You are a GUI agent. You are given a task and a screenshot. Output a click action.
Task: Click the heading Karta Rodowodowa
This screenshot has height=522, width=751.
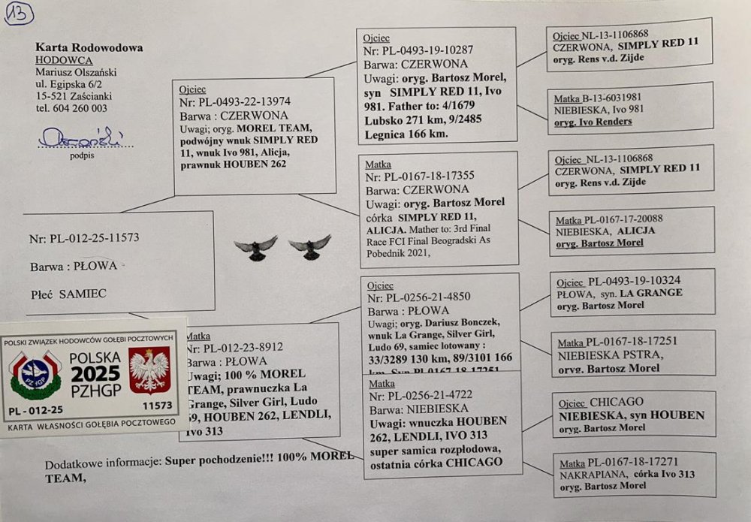pos(89,47)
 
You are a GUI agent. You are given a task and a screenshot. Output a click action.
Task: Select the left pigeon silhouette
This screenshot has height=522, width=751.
pos(255,248)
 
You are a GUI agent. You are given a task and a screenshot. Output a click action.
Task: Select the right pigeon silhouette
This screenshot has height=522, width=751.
pos(309,247)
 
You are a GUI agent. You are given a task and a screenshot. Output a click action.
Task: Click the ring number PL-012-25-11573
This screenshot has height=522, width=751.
pos(84,239)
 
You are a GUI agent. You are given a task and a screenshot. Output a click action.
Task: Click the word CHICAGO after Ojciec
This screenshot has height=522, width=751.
pos(617,402)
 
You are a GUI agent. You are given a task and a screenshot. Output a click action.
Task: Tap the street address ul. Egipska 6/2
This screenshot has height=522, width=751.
pos(74,84)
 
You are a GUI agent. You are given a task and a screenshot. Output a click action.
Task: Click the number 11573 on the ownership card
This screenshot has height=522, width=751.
pos(156,405)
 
